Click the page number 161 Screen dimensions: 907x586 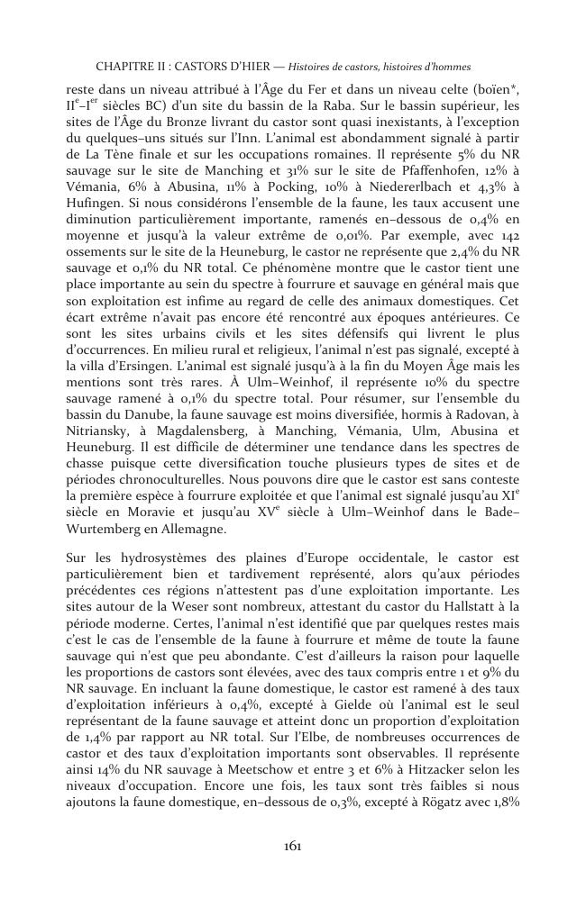click(x=292, y=845)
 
